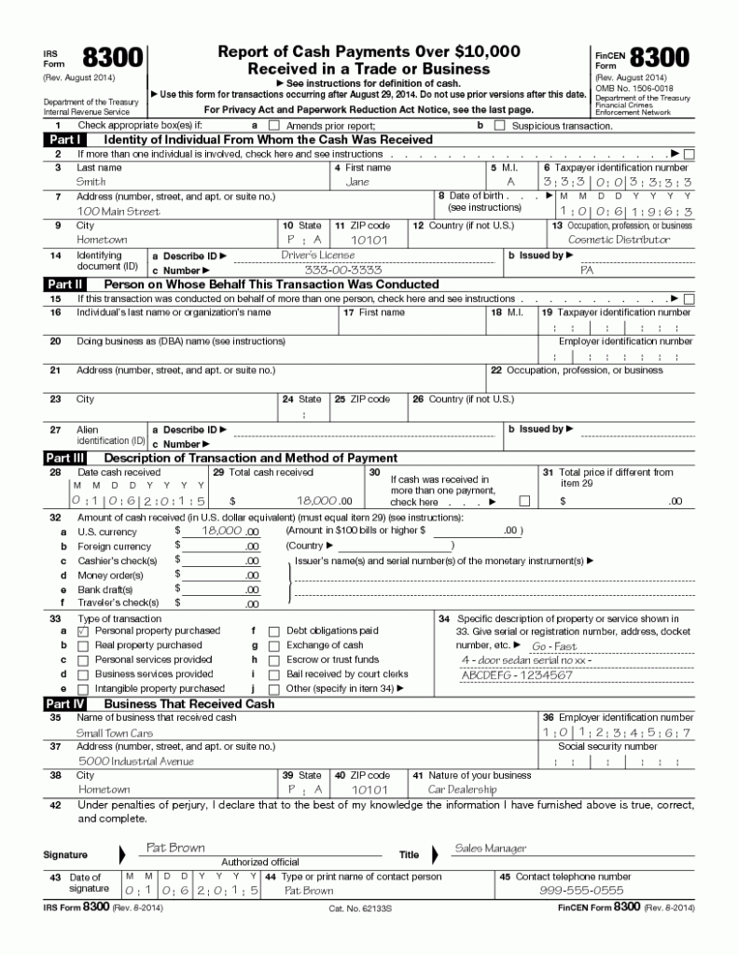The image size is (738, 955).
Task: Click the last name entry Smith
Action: click(x=91, y=182)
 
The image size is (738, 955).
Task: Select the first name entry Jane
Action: click(x=357, y=182)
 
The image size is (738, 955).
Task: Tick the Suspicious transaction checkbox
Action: click(x=498, y=125)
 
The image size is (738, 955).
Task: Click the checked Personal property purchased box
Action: click(x=83, y=631)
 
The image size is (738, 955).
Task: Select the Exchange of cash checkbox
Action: click(x=273, y=645)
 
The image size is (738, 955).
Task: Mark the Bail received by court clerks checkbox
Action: click(x=273, y=674)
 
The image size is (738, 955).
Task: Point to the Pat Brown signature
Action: click(x=175, y=848)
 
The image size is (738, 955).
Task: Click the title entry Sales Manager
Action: click(x=490, y=849)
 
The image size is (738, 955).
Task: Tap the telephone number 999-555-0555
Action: click(x=581, y=891)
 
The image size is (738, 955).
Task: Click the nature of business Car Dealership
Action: click(x=462, y=789)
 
